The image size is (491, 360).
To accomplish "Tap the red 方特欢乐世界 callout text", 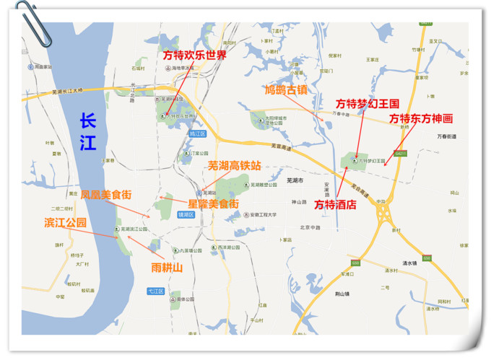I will coord(194,56).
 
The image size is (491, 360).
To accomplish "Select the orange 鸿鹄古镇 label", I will coord(285,90).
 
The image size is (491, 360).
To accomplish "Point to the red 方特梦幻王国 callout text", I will coord(368,104).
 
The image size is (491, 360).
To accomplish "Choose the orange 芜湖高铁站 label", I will coord(234,165).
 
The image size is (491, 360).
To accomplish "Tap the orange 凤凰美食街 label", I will coord(106,195).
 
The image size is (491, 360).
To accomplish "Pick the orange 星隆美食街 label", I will coord(213,204).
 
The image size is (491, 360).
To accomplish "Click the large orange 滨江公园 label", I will coord(66,222).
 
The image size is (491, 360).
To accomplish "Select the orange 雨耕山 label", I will coord(167,268).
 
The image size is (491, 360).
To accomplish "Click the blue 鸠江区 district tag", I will coord(197,134).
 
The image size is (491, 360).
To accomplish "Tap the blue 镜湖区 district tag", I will coord(186,214).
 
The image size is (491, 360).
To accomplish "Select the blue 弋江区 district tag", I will coord(155,291).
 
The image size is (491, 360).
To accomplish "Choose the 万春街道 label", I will coord(447,136).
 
